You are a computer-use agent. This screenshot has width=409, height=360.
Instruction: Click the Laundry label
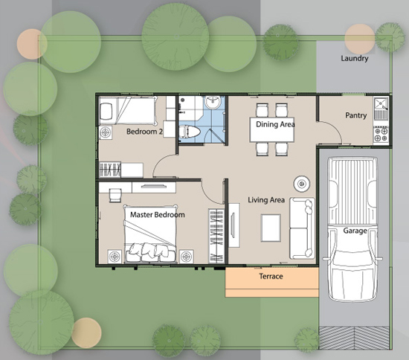click(355, 59)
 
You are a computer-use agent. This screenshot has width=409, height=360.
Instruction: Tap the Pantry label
click(355, 115)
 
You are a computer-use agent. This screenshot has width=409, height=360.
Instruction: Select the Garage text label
click(355, 231)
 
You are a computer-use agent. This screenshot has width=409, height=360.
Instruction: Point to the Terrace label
click(271, 276)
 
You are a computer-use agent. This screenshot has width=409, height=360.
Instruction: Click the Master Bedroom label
click(158, 215)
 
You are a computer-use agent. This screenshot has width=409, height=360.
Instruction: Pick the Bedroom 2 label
click(144, 132)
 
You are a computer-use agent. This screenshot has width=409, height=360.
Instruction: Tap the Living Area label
click(266, 200)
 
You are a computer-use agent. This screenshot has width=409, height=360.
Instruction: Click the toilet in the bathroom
click(190, 132)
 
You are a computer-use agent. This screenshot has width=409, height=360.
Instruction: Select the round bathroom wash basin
click(213, 102)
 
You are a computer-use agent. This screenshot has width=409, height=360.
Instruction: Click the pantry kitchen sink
click(381, 108)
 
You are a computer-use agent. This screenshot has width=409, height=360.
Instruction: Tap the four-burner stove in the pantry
click(381, 134)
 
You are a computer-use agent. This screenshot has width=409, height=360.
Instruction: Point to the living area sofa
click(302, 228)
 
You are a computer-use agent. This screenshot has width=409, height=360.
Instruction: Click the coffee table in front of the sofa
click(271, 228)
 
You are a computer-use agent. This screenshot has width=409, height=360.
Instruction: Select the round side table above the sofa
click(302, 184)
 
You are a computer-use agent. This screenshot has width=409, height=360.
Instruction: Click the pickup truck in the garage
click(352, 229)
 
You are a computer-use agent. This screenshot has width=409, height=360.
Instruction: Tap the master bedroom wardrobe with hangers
click(216, 236)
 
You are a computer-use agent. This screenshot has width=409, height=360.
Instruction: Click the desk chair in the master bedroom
click(115, 196)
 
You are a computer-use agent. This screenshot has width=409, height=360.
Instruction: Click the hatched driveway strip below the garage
click(354, 338)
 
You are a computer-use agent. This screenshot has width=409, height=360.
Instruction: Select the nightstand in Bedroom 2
click(106, 132)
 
